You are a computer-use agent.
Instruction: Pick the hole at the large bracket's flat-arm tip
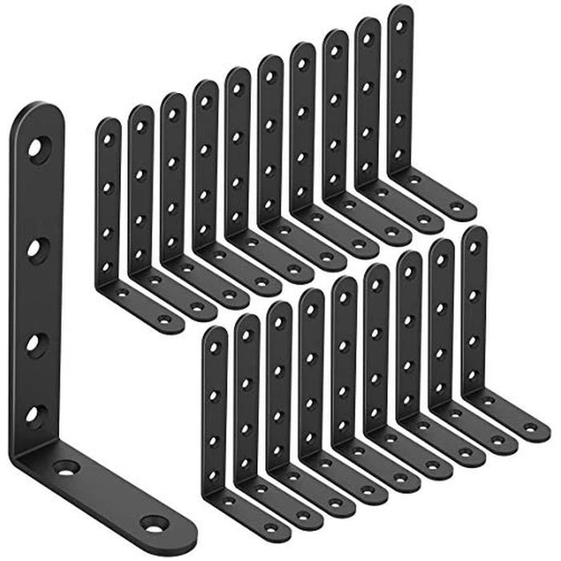pos(153,525)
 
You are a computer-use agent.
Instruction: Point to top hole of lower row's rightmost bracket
pos(474,246)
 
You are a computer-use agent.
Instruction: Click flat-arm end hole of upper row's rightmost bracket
pos(456,207)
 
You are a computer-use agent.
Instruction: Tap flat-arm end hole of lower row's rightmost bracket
pos(530,430)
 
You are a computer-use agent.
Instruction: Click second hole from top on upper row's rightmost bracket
pos(400,73)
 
